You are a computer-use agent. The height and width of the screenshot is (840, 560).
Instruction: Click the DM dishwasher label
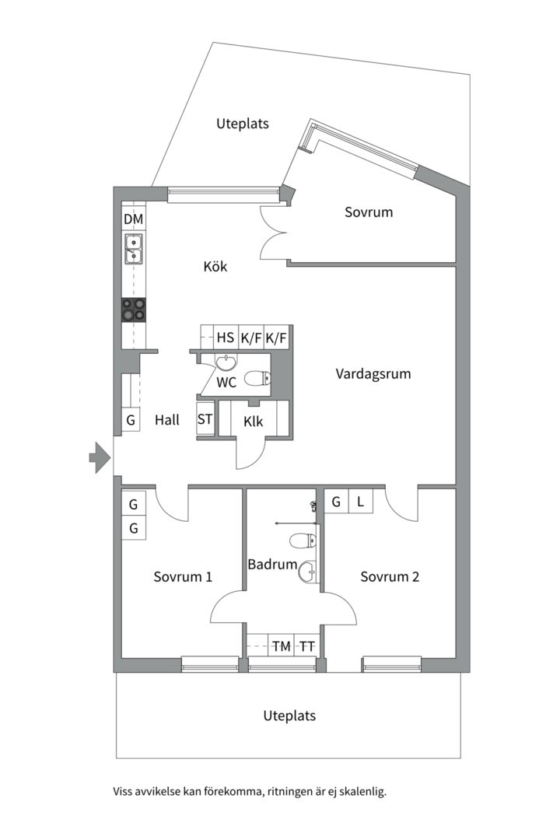tap(134, 220)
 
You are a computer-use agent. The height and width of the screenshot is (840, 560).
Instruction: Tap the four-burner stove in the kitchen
tap(134, 310)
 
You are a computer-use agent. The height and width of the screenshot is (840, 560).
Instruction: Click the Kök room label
tap(215, 267)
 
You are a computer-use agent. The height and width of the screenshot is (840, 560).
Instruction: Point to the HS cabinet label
tap(226, 338)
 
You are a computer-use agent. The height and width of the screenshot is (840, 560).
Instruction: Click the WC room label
tap(226, 382)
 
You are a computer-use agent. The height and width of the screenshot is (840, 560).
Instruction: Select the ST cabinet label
tap(205, 420)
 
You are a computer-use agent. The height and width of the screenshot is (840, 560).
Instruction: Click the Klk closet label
tap(253, 421)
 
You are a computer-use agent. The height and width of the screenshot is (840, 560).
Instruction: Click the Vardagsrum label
tap(373, 374)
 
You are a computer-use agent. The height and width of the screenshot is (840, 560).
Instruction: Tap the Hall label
tap(167, 420)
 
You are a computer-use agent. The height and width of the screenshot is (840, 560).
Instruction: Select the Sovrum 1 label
tap(184, 577)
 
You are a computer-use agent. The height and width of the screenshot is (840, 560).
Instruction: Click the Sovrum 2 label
tap(390, 577)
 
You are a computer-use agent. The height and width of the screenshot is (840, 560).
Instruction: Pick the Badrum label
tap(272, 565)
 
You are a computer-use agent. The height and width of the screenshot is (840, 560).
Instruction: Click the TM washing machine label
tap(281, 646)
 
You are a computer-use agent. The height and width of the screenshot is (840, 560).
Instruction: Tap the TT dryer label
tap(307, 646)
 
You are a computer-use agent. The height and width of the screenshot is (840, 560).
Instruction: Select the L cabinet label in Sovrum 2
tap(360, 502)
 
